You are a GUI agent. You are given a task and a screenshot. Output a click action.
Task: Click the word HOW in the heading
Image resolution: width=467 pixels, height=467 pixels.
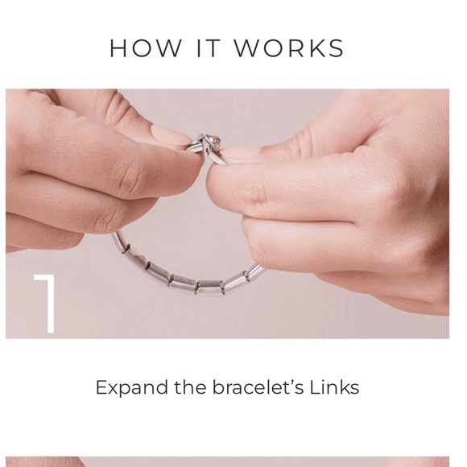pyautogui.click(x=146, y=48)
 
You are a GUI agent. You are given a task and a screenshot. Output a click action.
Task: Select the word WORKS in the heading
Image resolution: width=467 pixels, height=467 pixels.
pyautogui.click(x=289, y=48)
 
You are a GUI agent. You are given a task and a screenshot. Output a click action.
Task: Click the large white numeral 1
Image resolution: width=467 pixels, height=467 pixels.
pyautogui.click(x=45, y=304)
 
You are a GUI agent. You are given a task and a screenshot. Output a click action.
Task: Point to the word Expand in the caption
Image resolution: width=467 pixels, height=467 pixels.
pyautogui.click(x=131, y=388)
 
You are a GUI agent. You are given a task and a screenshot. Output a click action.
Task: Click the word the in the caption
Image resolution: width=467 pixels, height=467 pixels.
pyautogui.click(x=190, y=387)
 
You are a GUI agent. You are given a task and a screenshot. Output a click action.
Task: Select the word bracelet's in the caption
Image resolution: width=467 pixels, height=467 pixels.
pyautogui.click(x=258, y=387)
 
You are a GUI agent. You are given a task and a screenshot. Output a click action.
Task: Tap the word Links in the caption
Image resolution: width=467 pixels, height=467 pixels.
pyautogui.click(x=334, y=387)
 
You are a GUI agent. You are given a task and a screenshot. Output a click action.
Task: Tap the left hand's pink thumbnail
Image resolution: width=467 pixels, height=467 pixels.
pyautogui.click(x=170, y=135)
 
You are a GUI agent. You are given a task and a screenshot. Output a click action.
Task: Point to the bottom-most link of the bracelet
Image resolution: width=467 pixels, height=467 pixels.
pyautogui.click(x=210, y=287)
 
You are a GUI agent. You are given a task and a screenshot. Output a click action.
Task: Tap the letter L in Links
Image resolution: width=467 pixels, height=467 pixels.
pyautogui.click(x=315, y=387)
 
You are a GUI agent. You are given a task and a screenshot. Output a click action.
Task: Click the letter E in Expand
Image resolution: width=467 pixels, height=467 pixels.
pyautogui.click(x=101, y=387)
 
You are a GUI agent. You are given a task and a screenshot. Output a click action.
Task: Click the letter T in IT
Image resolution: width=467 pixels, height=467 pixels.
pyautogui.click(x=213, y=48)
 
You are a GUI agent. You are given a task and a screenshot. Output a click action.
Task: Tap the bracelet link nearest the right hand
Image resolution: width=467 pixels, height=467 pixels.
pyautogui.click(x=257, y=271)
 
